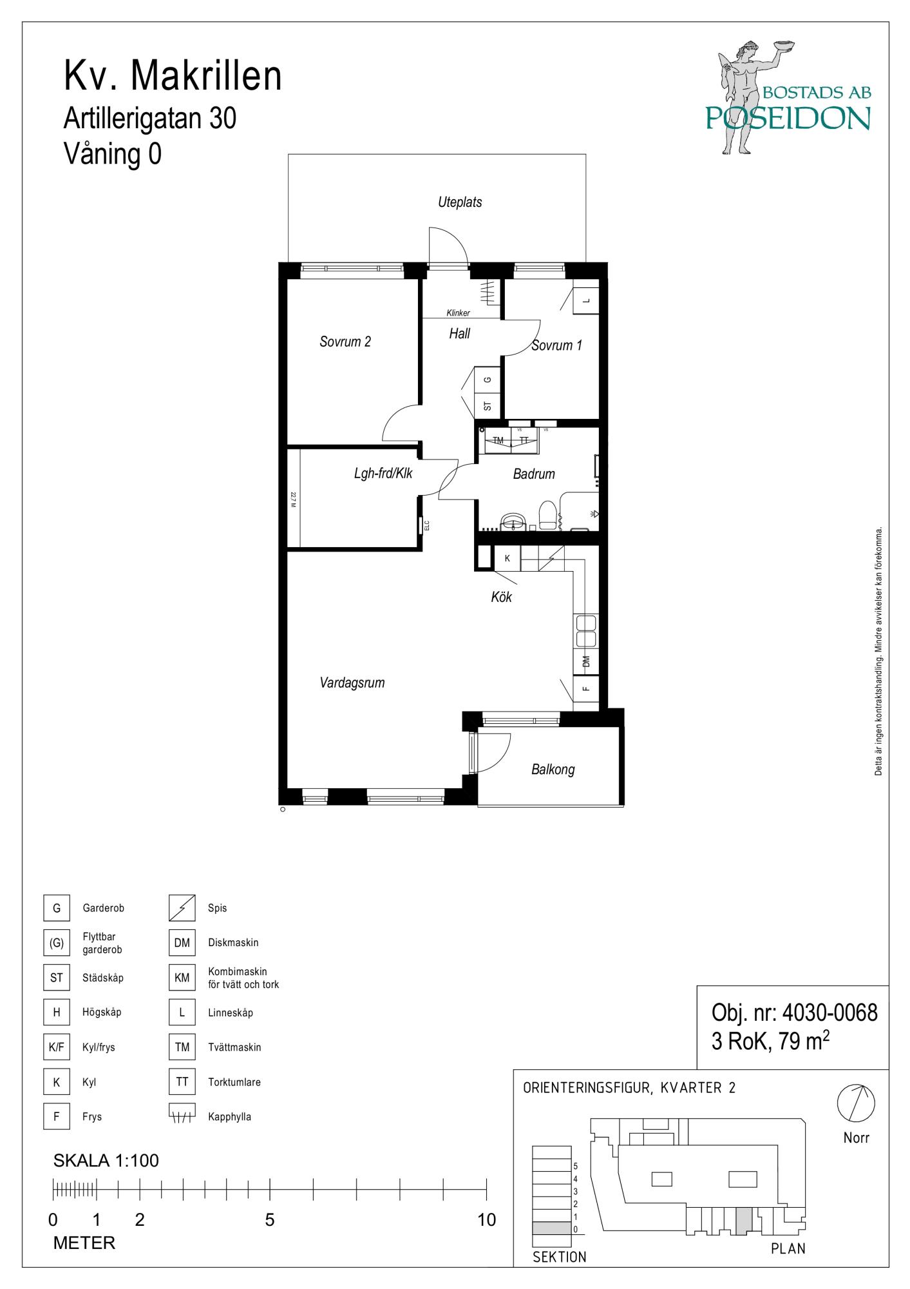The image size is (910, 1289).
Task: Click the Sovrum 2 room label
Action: pyautogui.click(x=345, y=342)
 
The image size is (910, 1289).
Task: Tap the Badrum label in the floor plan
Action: pyautogui.click(x=534, y=474)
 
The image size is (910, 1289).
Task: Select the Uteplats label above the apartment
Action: pyautogui.click(x=460, y=202)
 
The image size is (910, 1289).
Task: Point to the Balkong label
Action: pyautogui.click(x=553, y=770)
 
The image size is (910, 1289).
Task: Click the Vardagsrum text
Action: pyautogui.click(x=352, y=683)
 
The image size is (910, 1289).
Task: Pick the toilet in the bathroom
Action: pyautogui.click(x=547, y=516)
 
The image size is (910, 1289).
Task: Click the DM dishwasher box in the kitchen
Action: pyautogui.click(x=586, y=661)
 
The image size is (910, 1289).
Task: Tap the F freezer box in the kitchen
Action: pyautogui.click(x=586, y=688)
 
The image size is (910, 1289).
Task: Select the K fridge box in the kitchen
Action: pyautogui.click(x=507, y=558)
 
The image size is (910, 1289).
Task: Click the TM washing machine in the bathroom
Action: pyautogui.click(x=498, y=440)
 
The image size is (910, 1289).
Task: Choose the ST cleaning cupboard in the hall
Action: pyautogui.click(x=488, y=406)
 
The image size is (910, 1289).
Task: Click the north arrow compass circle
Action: pyautogui.click(x=856, y=1103)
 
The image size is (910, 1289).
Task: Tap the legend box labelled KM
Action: pyautogui.click(x=182, y=978)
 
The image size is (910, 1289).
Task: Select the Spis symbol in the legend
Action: pyautogui.click(x=182, y=908)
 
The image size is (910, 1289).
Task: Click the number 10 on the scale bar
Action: pyautogui.click(x=488, y=1220)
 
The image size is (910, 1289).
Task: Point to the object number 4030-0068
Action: pyautogui.click(x=829, y=1013)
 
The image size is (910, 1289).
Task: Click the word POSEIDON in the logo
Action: pyautogui.click(x=788, y=118)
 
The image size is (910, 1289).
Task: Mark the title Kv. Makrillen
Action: pyautogui.click(x=173, y=76)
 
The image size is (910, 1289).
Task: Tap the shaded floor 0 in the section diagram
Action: pyautogui.click(x=552, y=1228)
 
